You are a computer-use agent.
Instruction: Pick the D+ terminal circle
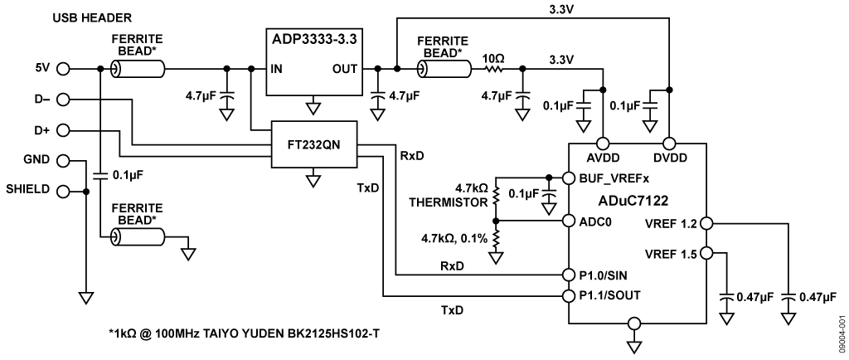[x=63, y=130]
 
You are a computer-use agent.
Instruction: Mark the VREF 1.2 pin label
[x=672, y=222]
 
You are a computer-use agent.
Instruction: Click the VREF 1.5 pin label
[x=672, y=253]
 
